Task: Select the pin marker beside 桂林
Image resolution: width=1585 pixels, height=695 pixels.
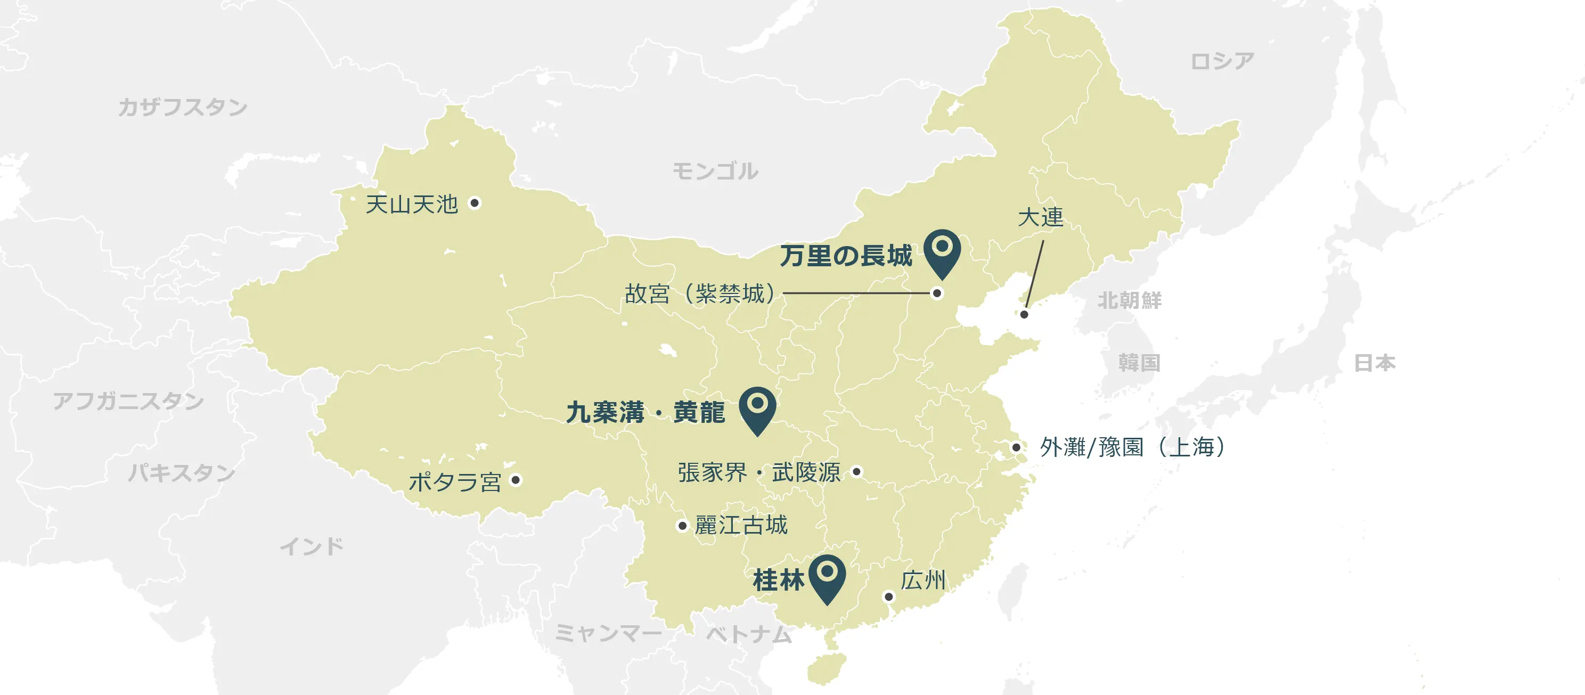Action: (x=828, y=575)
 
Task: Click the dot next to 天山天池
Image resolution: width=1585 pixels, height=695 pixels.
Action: (x=475, y=203)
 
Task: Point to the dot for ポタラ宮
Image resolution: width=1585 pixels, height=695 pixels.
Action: (x=516, y=480)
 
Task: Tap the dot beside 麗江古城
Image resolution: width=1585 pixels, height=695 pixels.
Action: (x=682, y=526)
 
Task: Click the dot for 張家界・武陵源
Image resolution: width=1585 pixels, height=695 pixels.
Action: (x=856, y=472)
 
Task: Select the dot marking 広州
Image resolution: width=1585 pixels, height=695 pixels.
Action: (x=888, y=596)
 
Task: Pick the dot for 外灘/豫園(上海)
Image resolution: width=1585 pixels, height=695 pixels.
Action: (x=1017, y=447)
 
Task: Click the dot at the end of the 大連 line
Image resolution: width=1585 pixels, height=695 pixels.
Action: (x=1024, y=314)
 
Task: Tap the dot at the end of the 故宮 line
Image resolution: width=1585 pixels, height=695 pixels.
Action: (x=937, y=293)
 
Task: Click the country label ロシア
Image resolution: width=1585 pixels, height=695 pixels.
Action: (x=1222, y=61)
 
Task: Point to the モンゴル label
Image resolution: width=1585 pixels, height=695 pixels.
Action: (x=715, y=171)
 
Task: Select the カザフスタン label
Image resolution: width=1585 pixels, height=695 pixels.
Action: (x=183, y=107)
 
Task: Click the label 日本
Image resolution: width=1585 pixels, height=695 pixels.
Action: (x=1375, y=363)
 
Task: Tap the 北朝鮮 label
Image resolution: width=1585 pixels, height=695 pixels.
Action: (x=1130, y=300)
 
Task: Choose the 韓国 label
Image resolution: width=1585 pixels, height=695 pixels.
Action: (x=1139, y=363)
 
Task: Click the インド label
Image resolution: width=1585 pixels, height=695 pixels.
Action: (x=312, y=546)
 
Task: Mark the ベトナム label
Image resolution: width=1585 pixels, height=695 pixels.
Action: (x=749, y=634)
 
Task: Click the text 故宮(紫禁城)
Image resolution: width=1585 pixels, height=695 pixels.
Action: (x=700, y=294)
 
